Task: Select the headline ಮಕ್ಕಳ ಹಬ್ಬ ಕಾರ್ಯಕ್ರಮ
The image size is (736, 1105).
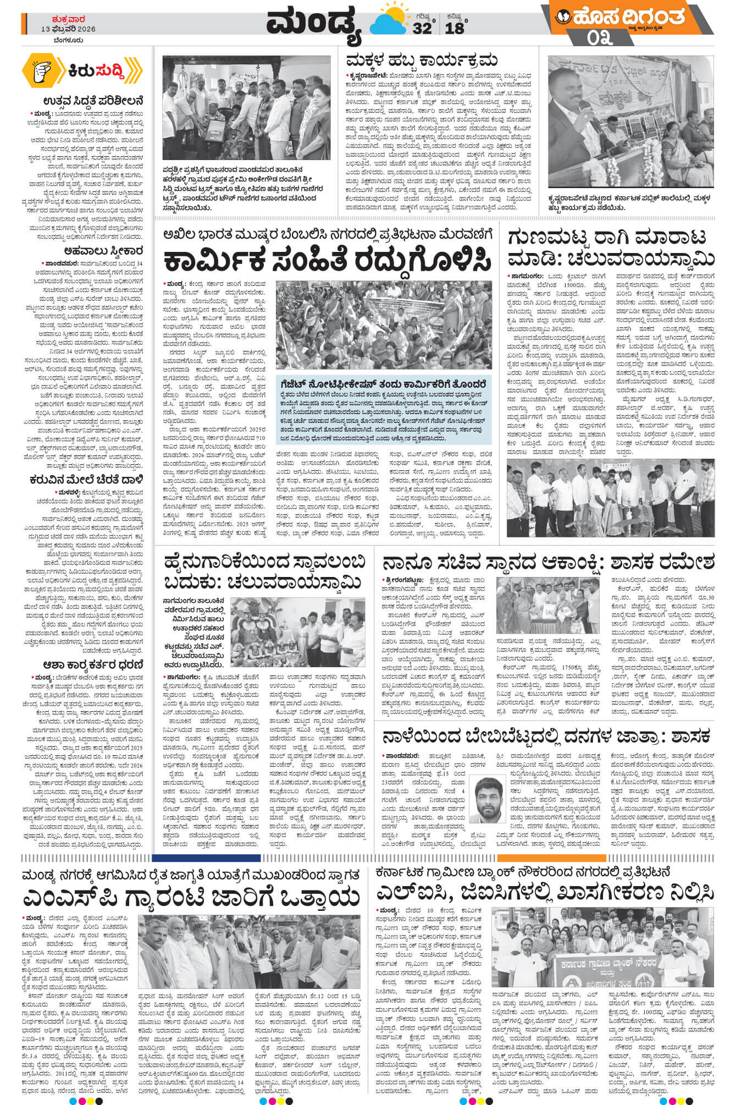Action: point(422,60)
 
